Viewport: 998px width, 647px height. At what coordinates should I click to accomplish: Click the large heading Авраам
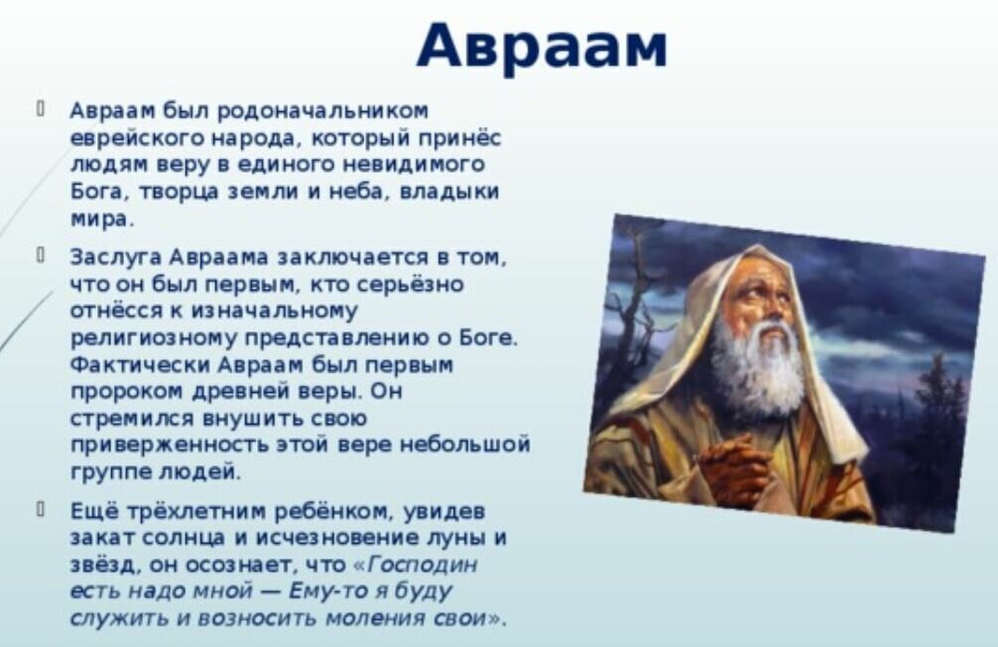pos(543,46)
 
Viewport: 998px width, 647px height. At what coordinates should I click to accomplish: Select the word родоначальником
pos(323,112)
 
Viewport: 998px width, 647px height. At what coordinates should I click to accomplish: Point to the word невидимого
pos(415,165)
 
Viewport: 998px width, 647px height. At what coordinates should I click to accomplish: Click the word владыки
pos(449,193)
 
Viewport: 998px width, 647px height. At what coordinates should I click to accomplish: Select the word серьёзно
pos(410,285)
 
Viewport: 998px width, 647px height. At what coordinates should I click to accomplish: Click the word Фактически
pos(140,366)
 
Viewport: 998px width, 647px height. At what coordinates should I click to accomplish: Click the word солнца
pos(183,540)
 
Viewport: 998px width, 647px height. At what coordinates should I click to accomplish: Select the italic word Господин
pos(423,566)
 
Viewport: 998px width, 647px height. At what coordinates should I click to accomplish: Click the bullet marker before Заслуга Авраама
pos(40,256)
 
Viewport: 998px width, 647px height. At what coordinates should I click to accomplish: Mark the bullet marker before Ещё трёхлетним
pos(40,509)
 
